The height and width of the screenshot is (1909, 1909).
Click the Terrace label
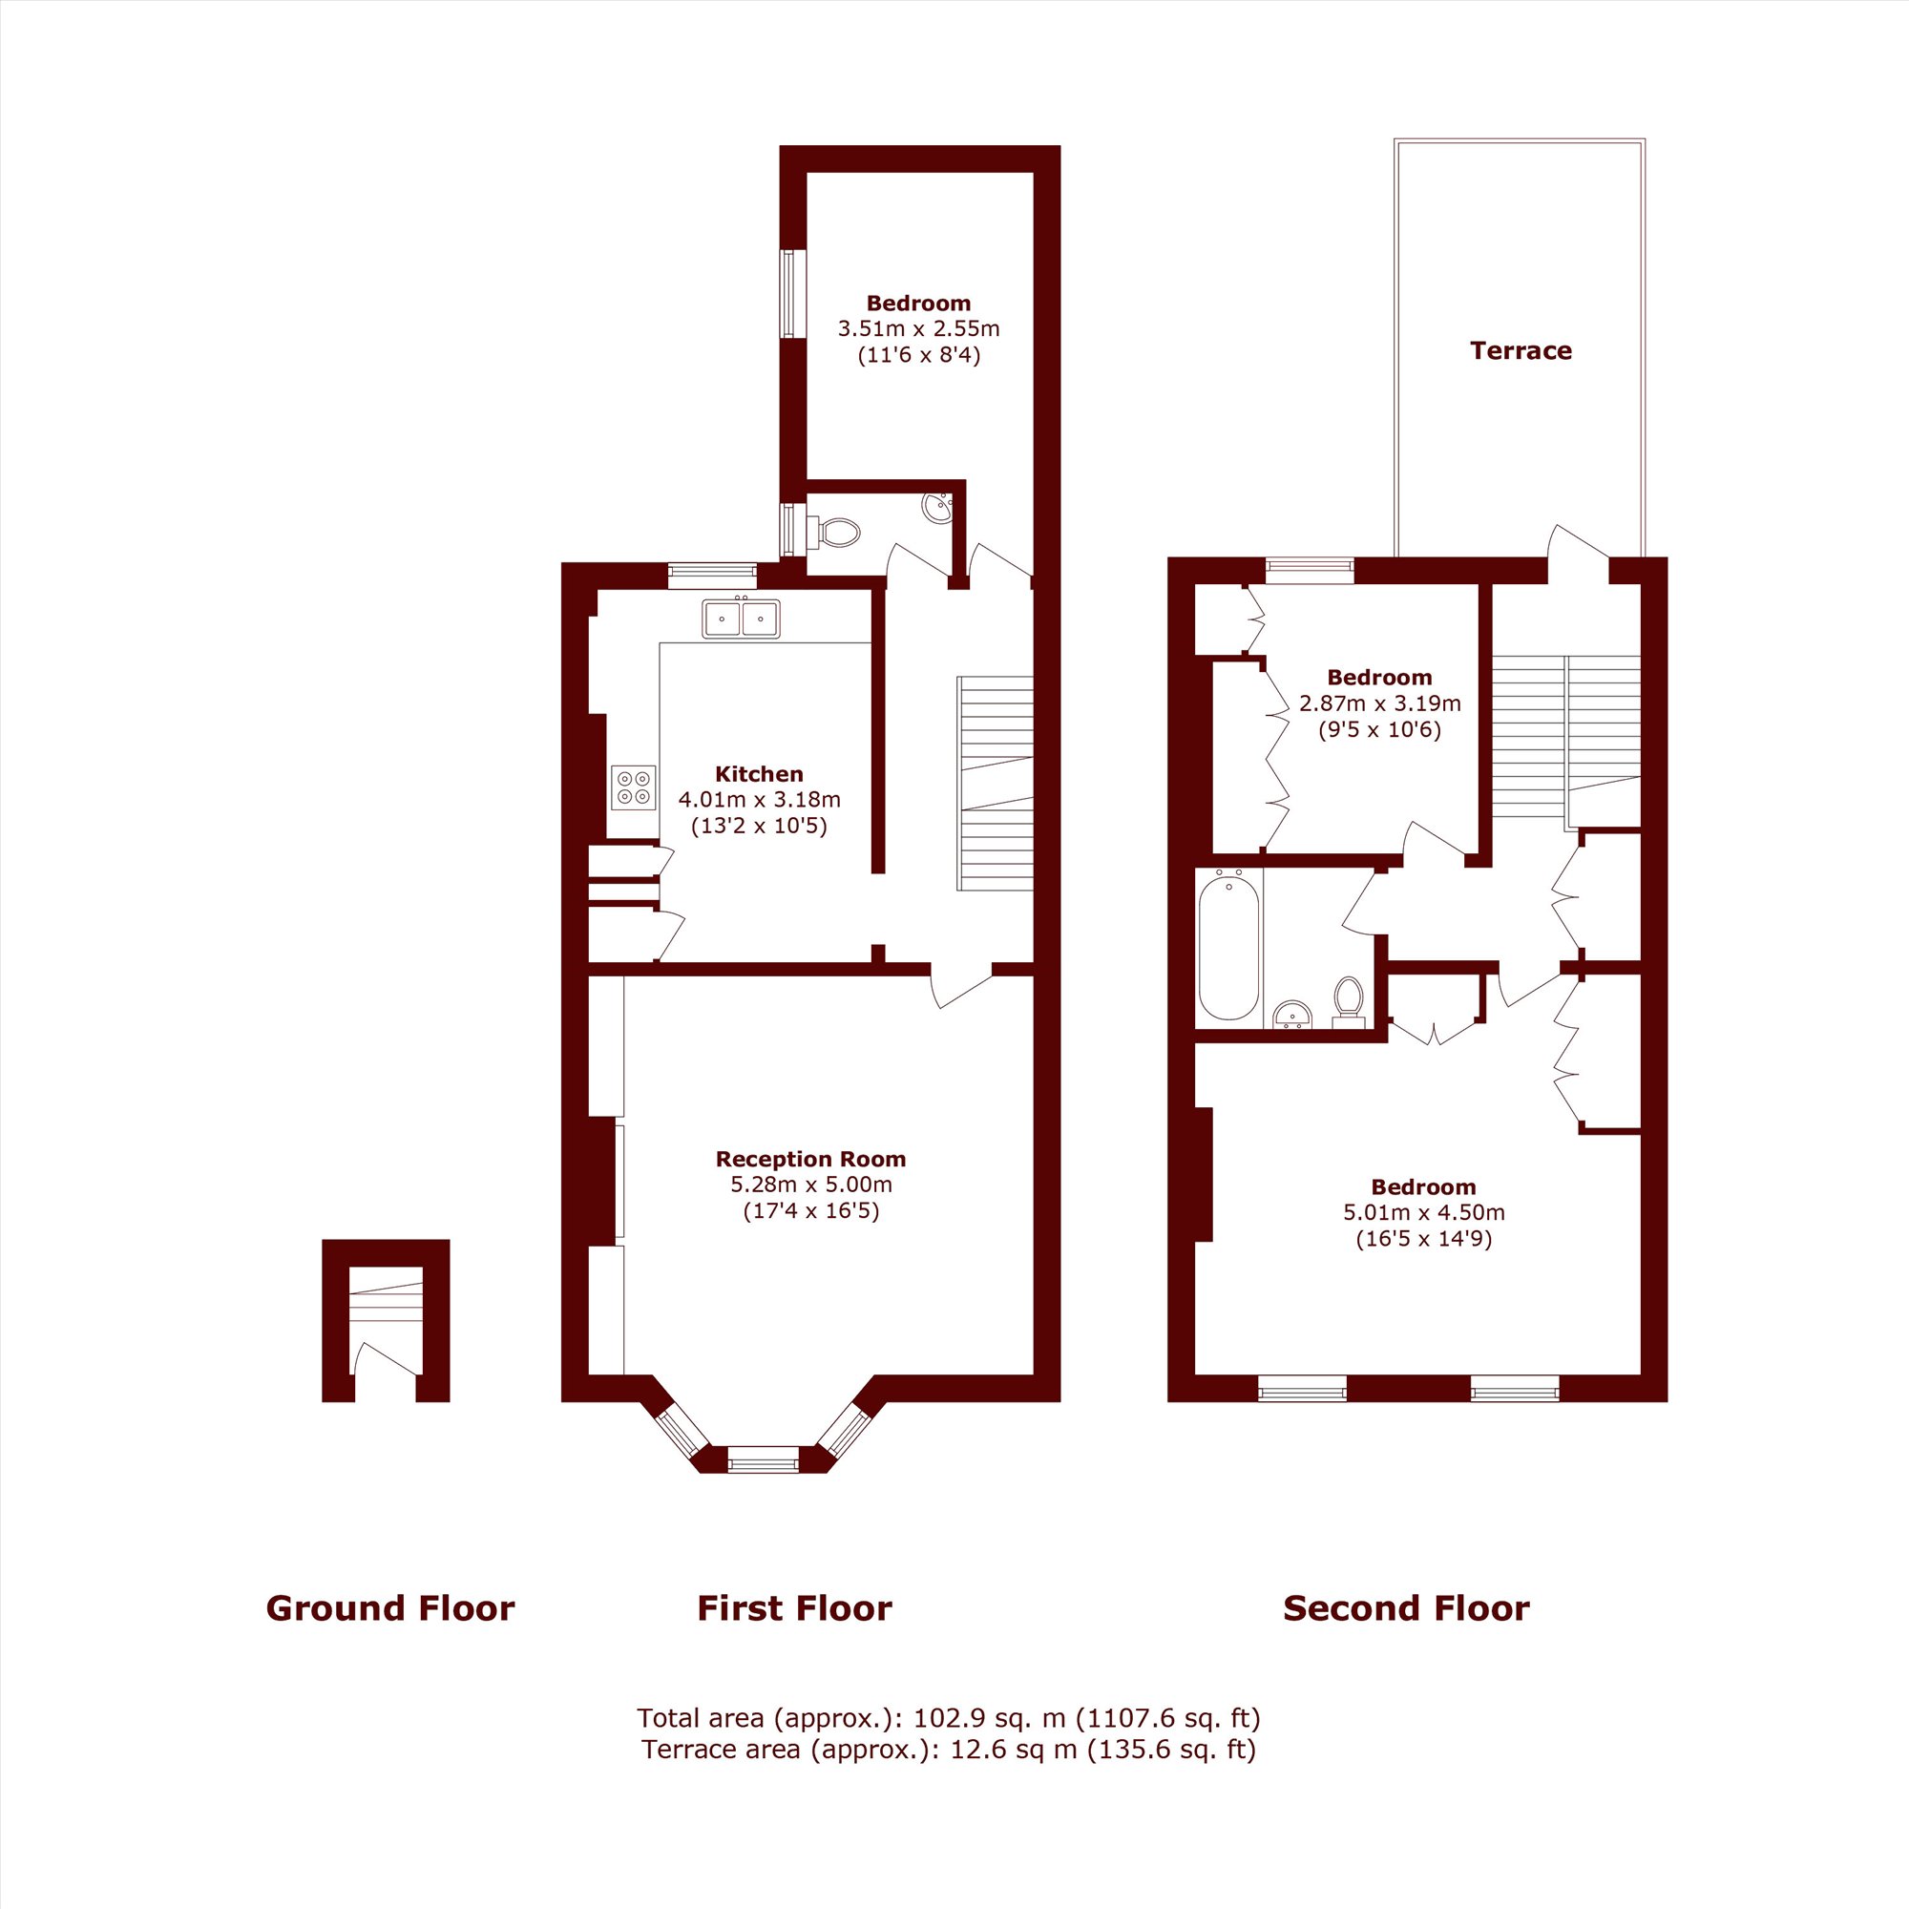[x=1520, y=350]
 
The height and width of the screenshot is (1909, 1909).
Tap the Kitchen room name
[x=759, y=774]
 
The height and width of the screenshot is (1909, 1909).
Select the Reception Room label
[x=810, y=1159]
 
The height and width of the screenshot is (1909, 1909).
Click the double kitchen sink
[x=741, y=619]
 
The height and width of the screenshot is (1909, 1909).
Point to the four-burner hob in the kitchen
[x=634, y=787]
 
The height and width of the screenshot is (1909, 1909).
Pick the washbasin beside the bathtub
[x=1292, y=1015]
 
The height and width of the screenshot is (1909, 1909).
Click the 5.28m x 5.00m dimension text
[x=810, y=1185]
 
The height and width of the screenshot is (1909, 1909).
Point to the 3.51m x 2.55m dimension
[x=919, y=328]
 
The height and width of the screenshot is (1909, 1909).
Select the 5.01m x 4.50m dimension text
[x=1424, y=1212]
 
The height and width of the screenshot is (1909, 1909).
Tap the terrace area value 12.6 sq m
[x=1015, y=1750]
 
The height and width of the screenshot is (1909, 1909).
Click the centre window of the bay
[x=763, y=1459]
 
